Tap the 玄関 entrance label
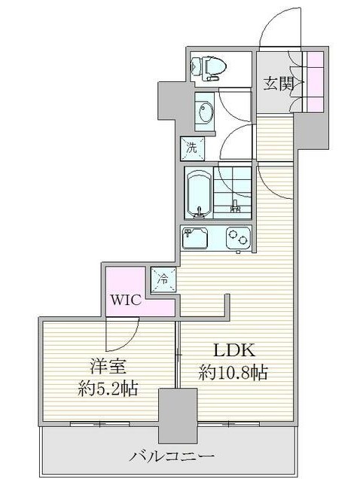click(x=279, y=84)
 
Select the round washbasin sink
click(x=204, y=111)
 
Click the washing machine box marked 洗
click(x=192, y=148)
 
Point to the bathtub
click(x=199, y=193)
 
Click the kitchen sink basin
click(x=194, y=238)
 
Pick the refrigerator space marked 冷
click(x=163, y=279)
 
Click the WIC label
click(x=126, y=300)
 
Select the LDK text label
click(x=233, y=350)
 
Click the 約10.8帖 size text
click(x=233, y=372)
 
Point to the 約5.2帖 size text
click(x=108, y=389)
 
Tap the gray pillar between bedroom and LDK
click(x=178, y=416)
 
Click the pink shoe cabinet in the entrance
click(x=315, y=82)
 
